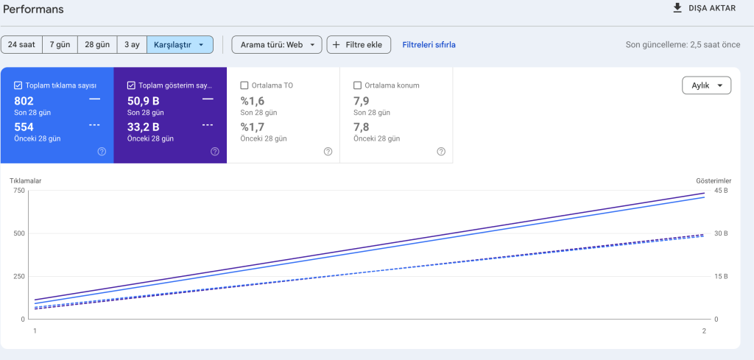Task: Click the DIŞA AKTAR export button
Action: point(705,8)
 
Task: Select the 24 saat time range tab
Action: point(21,45)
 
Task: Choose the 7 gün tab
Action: point(60,45)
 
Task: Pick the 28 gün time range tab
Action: point(97,45)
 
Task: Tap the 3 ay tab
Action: point(132,45)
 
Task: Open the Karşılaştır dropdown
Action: point(180,45)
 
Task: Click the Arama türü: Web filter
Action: point(277,45)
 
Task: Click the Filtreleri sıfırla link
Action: point(429,45)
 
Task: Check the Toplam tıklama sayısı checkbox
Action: point(18,85)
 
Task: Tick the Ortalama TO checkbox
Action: point(245,85)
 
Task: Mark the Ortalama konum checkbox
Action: point(358,85)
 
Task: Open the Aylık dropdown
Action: point(706,85)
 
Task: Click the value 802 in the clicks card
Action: point(24,101)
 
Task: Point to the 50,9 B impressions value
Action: point(143,101)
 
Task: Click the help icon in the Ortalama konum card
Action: point(440,152)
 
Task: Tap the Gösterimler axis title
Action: point(714,180)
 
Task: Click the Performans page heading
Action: point(34,10)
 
